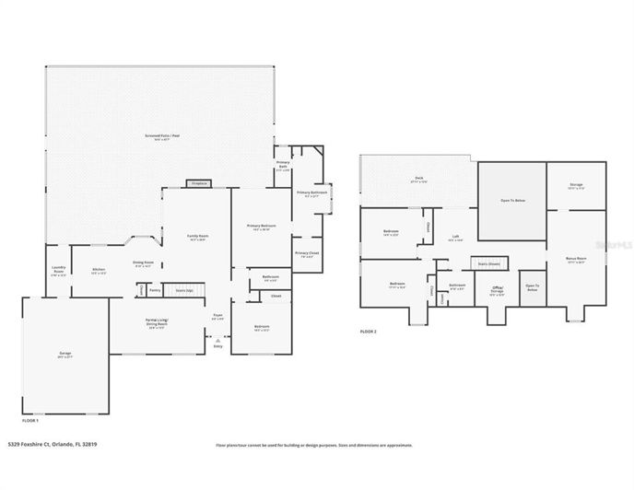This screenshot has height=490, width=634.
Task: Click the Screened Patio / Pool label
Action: click(x=160, y=136)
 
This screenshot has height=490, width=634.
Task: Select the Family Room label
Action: click(x=196, y=237)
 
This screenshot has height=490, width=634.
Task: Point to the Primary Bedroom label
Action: click(x=262, y=226)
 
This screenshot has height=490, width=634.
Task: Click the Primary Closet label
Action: click(x=307, y=253)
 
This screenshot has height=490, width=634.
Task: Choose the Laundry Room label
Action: click(x=58, y=272)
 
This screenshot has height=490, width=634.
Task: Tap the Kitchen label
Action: click(x=98, y=270)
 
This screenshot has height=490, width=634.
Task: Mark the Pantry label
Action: click(x=155, y=290)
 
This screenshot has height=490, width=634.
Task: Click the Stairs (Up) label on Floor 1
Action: click(x=183, y=290)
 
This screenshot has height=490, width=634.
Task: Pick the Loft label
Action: click(x=454, y=236)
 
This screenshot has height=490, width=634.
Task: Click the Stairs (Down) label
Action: click(x=489, y=263)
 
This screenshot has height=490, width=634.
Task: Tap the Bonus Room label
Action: click(x=576, y=260)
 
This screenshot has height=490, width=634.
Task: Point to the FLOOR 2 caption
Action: click(x=368, y=332)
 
